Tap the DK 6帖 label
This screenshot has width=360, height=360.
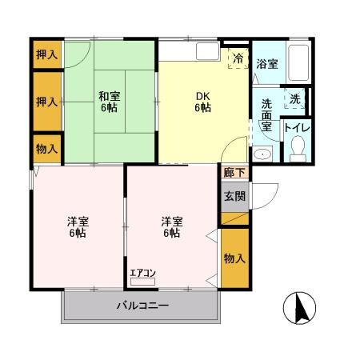tap(203, 102)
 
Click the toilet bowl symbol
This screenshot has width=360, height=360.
tap(298, 148)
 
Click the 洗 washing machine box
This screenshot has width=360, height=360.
tap(294, 99)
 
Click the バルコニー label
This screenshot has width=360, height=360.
tap(142, 306)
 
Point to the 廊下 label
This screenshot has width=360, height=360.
tap(230, 171)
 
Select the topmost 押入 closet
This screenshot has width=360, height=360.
tap(46, 55)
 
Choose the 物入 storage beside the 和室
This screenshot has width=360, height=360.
tap(46, 149)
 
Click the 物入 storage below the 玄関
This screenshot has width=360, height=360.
tap(234, 258)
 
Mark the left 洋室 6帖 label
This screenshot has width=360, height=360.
tap(77, 227)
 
